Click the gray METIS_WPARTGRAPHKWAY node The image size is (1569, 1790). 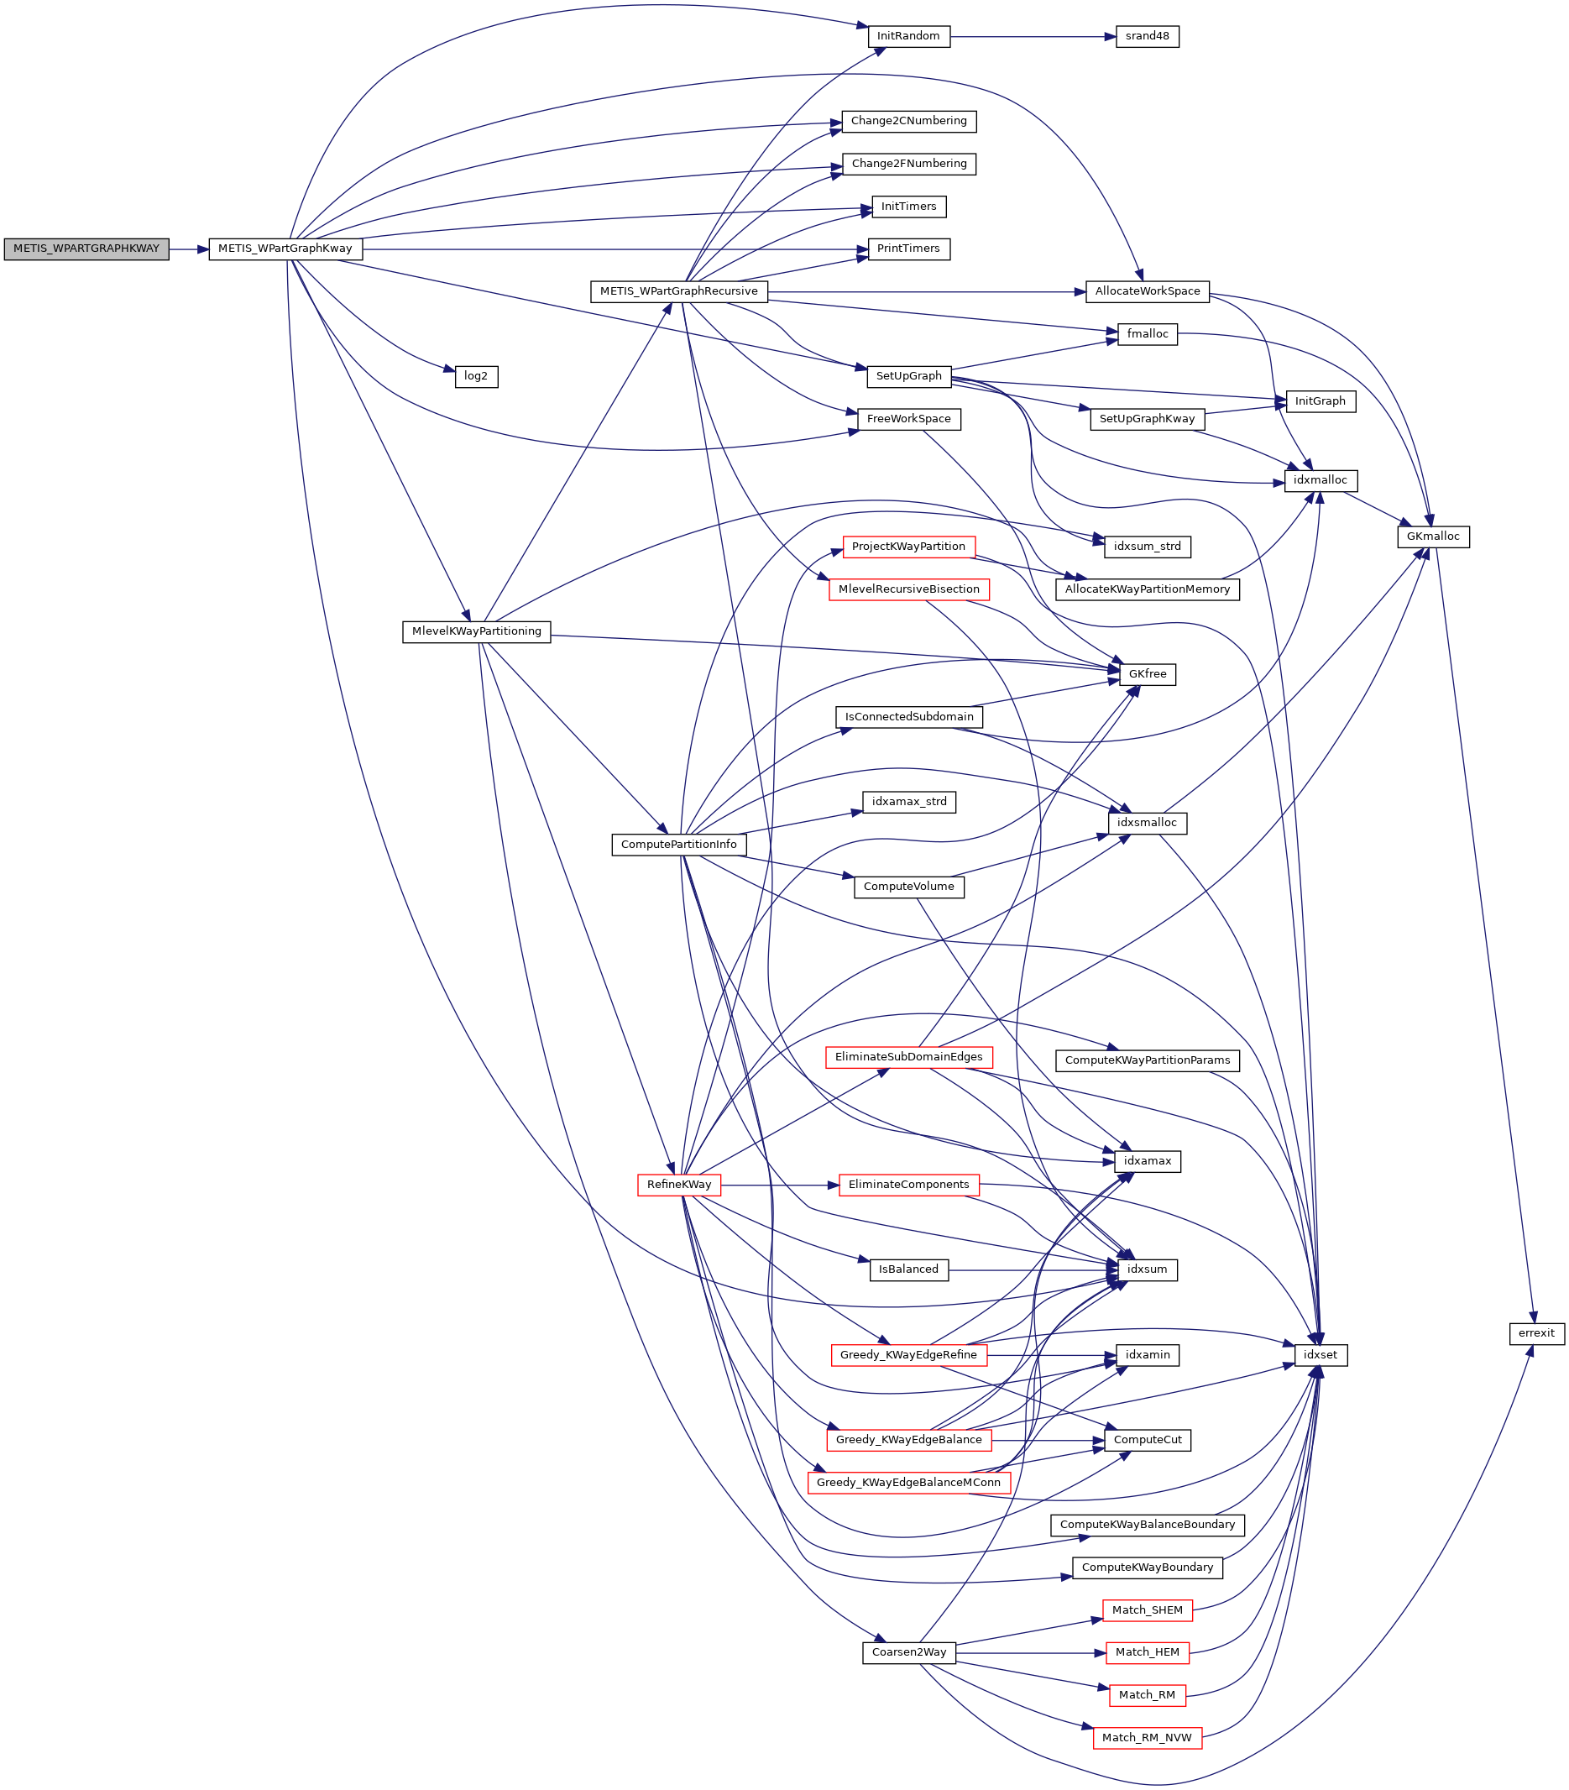pyautogui.click(x=86, y=249)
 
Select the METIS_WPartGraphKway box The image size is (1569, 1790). pyautogui.click(x=285, y=249)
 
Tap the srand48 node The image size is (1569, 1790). pyautogui.click(x=1147, y=37)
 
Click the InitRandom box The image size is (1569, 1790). pyautogui.click(x=908, y=37)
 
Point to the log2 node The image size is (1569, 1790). pyautogui.click(x=475, y=377)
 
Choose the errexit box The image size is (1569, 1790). pyautogui.click(x=1535, y=1334)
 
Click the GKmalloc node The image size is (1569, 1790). pyautogui.click(x=1432, y=536)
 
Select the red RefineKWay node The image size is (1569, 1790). pyautogui.click(x=678, y=1185)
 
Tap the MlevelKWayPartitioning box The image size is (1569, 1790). pyautogui.click(x=476, y=631)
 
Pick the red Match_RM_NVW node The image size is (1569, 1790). pyautogui.click(x=1146, y=1738)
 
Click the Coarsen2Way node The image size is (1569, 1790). pyautogui.click(x=909, y=1652)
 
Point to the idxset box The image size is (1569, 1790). pyautogui.click(x=1320, y=1355)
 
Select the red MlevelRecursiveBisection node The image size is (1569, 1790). pyautogui.click(x=908, y=589)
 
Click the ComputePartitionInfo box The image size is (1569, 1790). pyautogui.click(x=678, y=845)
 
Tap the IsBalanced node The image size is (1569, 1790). pyautogui.click(x=908, y=1269)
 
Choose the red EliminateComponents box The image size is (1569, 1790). pyautogui.click(x=908, y=1185)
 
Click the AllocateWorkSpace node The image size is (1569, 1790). pyautogui.click(x=1147, y=291)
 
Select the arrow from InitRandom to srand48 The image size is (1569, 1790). pyautogui.click(x=1033, y=37)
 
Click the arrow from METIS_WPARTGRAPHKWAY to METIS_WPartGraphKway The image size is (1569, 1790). pyautogui.click(x=188, y=249)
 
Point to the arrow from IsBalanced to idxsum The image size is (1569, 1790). pyautogui.click(x=1033, y=1269)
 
